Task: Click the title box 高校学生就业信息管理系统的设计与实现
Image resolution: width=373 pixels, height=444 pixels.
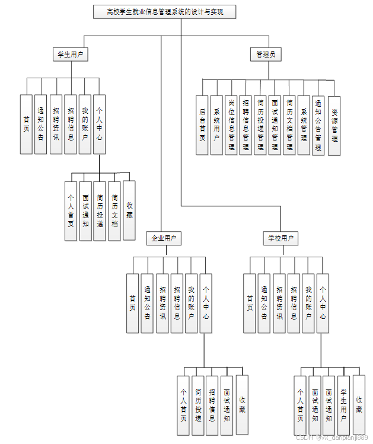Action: [x=165, y=12]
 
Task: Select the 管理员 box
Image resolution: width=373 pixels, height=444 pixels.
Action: [x=265, y=55]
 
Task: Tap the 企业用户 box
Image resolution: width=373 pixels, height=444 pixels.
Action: [x=164, y=238]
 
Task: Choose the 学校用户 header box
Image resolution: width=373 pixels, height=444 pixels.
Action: [x=280, y=238]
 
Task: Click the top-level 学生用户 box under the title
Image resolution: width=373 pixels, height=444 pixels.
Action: [x=70, y=55]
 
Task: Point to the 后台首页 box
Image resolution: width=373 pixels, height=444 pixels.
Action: [x=202, y=124]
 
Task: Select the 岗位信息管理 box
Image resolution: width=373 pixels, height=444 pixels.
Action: [x=231, y=124]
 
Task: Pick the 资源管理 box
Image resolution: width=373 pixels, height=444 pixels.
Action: [x=334, y=125]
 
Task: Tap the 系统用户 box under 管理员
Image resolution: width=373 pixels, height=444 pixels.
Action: [x=216, y=124]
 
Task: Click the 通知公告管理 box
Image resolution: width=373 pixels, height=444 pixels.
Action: [x=318, y=124]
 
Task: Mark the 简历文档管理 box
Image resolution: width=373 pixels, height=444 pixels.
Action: [x=289, y=124]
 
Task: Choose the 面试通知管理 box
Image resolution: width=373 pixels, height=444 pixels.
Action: [x=275, y=124]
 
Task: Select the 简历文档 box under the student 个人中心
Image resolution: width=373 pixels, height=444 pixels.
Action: [x=114, y=210]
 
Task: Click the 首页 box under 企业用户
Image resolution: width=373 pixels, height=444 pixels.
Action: [x=132, y=303]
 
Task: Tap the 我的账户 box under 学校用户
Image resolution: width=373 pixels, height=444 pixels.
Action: [x=308, y=303]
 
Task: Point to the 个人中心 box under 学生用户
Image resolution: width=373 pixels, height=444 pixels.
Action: [x=100, y=124]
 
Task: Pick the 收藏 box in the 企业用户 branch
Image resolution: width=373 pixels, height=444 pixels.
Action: [x=242, y=404]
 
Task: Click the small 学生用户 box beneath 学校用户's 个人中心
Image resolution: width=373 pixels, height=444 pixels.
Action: [x=344, y=405]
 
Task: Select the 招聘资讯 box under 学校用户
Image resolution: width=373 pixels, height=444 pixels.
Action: [x=279, y=303]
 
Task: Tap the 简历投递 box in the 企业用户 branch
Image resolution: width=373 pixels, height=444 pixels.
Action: [x=199, y=405]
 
